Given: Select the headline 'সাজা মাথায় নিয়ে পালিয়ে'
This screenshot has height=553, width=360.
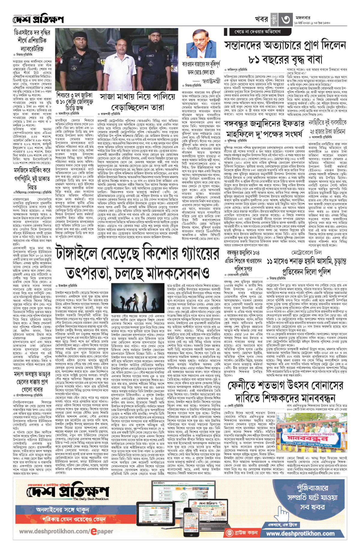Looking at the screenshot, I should [137, 97].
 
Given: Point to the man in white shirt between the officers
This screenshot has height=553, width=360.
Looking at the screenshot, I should [118, 65].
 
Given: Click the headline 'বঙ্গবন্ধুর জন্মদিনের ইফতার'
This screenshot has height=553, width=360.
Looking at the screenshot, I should [264, 124].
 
